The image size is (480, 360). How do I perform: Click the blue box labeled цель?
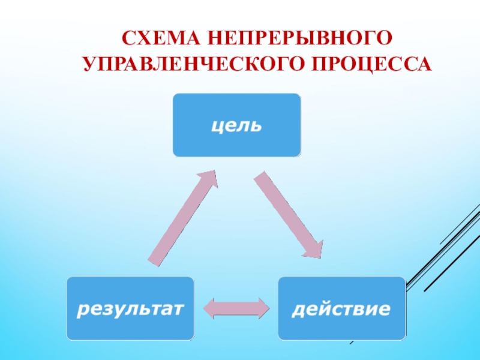(236, 125)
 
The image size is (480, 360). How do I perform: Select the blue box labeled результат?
(130, 308)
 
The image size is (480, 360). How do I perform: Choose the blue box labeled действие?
(341, 308)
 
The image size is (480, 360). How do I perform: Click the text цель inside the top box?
(236, 126)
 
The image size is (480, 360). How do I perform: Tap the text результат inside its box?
(130, 310)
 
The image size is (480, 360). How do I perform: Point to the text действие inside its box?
(341, 310)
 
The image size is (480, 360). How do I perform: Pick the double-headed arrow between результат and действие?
(236, 308)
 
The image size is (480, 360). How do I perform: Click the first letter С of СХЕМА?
(128, 39)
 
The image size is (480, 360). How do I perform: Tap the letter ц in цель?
(215, 127)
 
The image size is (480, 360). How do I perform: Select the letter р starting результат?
(80, 311)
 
